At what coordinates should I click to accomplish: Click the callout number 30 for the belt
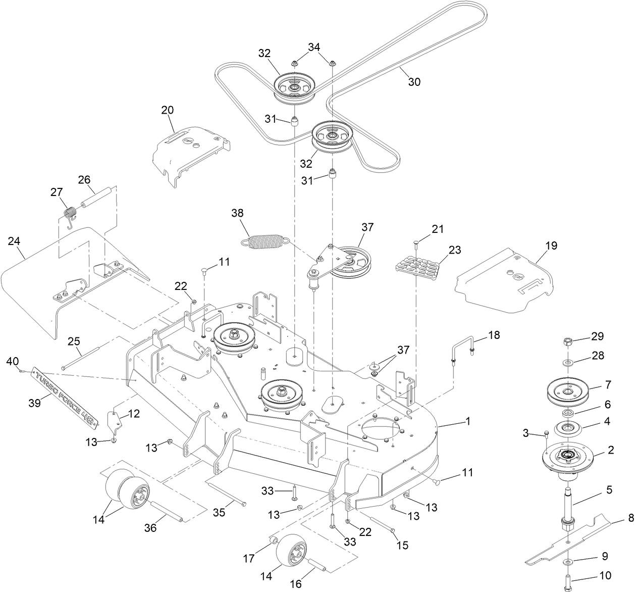[x=413, y=82]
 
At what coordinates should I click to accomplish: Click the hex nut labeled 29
[x=567, y=342]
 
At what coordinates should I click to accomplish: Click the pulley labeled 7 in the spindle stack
[x=568, y=391]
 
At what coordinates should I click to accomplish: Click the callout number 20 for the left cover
[x=167, y=110]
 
